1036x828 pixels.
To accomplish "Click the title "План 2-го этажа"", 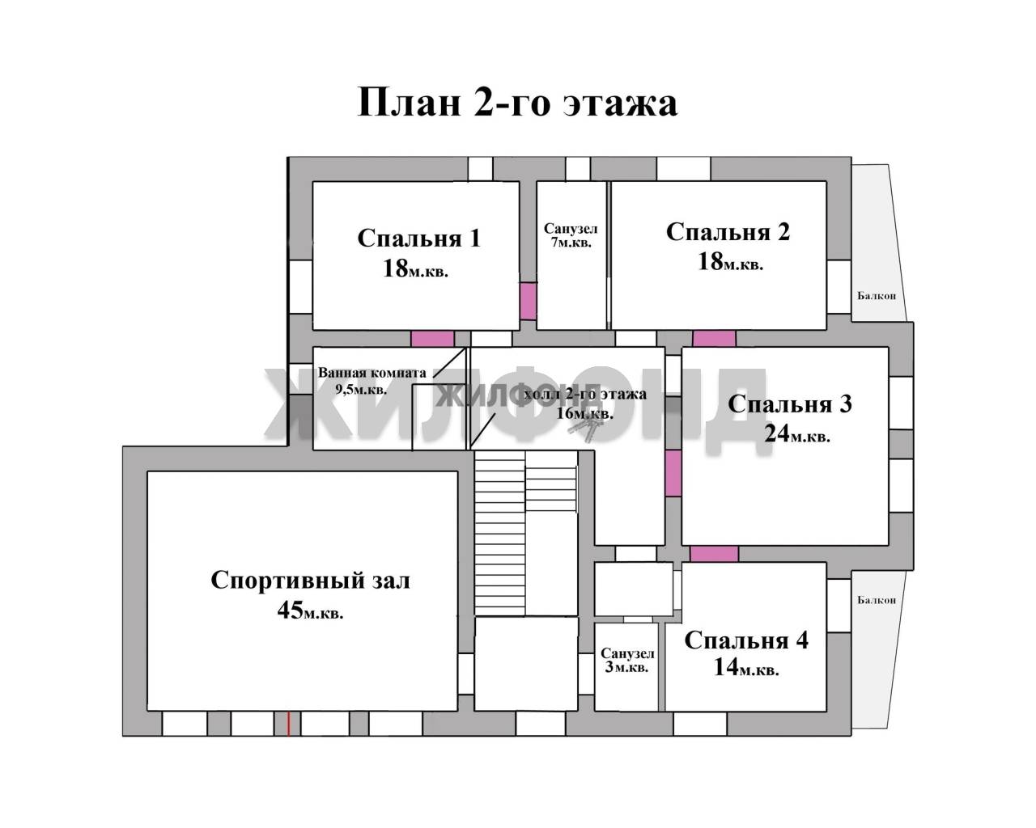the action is pos(517,102).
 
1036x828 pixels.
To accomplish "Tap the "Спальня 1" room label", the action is pos(418,239).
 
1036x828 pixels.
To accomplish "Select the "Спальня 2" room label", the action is pos(728,232).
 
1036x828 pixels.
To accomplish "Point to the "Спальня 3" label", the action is pos(789,404).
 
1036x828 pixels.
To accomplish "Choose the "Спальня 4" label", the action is pos(746,640).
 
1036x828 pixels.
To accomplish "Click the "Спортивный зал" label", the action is pos(311,581).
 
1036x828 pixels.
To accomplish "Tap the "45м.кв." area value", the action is pos(311,611).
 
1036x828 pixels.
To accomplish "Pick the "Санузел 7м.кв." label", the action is pos(571,235).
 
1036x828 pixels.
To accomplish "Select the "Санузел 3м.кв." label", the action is pos(627,660).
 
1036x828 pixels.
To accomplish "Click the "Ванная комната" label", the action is pos(372,373).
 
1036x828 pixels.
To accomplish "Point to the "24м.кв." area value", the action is pos(797,434).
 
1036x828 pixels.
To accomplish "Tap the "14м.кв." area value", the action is pos(746,667).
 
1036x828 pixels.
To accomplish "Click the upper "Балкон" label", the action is pos(877,296).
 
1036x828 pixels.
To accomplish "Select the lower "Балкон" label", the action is pos(877,600).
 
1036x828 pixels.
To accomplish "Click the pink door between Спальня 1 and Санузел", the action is pos(528,301).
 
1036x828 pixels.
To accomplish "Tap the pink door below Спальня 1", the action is pos(432,339).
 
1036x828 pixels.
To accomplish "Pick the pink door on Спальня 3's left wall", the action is pos(673,473).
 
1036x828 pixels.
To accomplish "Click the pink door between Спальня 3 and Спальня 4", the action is pos(714,554).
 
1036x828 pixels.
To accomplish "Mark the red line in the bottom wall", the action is pos(288,724).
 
